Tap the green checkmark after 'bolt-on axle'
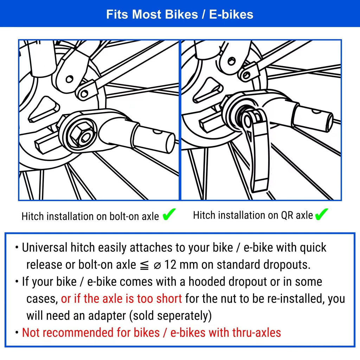tap(169, 215)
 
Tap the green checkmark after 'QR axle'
tap(321, 214)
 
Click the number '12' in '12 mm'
tap(171, 264)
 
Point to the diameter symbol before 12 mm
tap(157, 265)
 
